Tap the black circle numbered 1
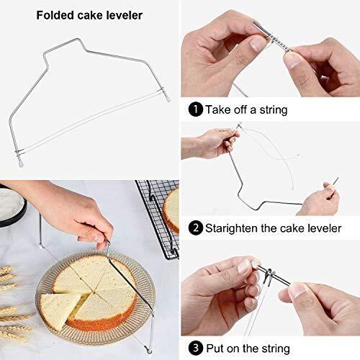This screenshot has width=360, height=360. [x=196, y=109]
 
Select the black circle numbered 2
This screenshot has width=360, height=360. [x=196, y=228]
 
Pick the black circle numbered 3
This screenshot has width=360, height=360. [x=196, y=348]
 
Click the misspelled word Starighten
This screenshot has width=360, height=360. [x=231, y=228]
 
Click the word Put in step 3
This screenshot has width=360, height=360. [x=215, y=348]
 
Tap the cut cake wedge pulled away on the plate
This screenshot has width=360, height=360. [x=60, y=310]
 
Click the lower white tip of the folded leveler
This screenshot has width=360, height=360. [x=21, y=163]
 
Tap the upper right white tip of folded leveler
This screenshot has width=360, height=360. [x=168, y=98]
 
